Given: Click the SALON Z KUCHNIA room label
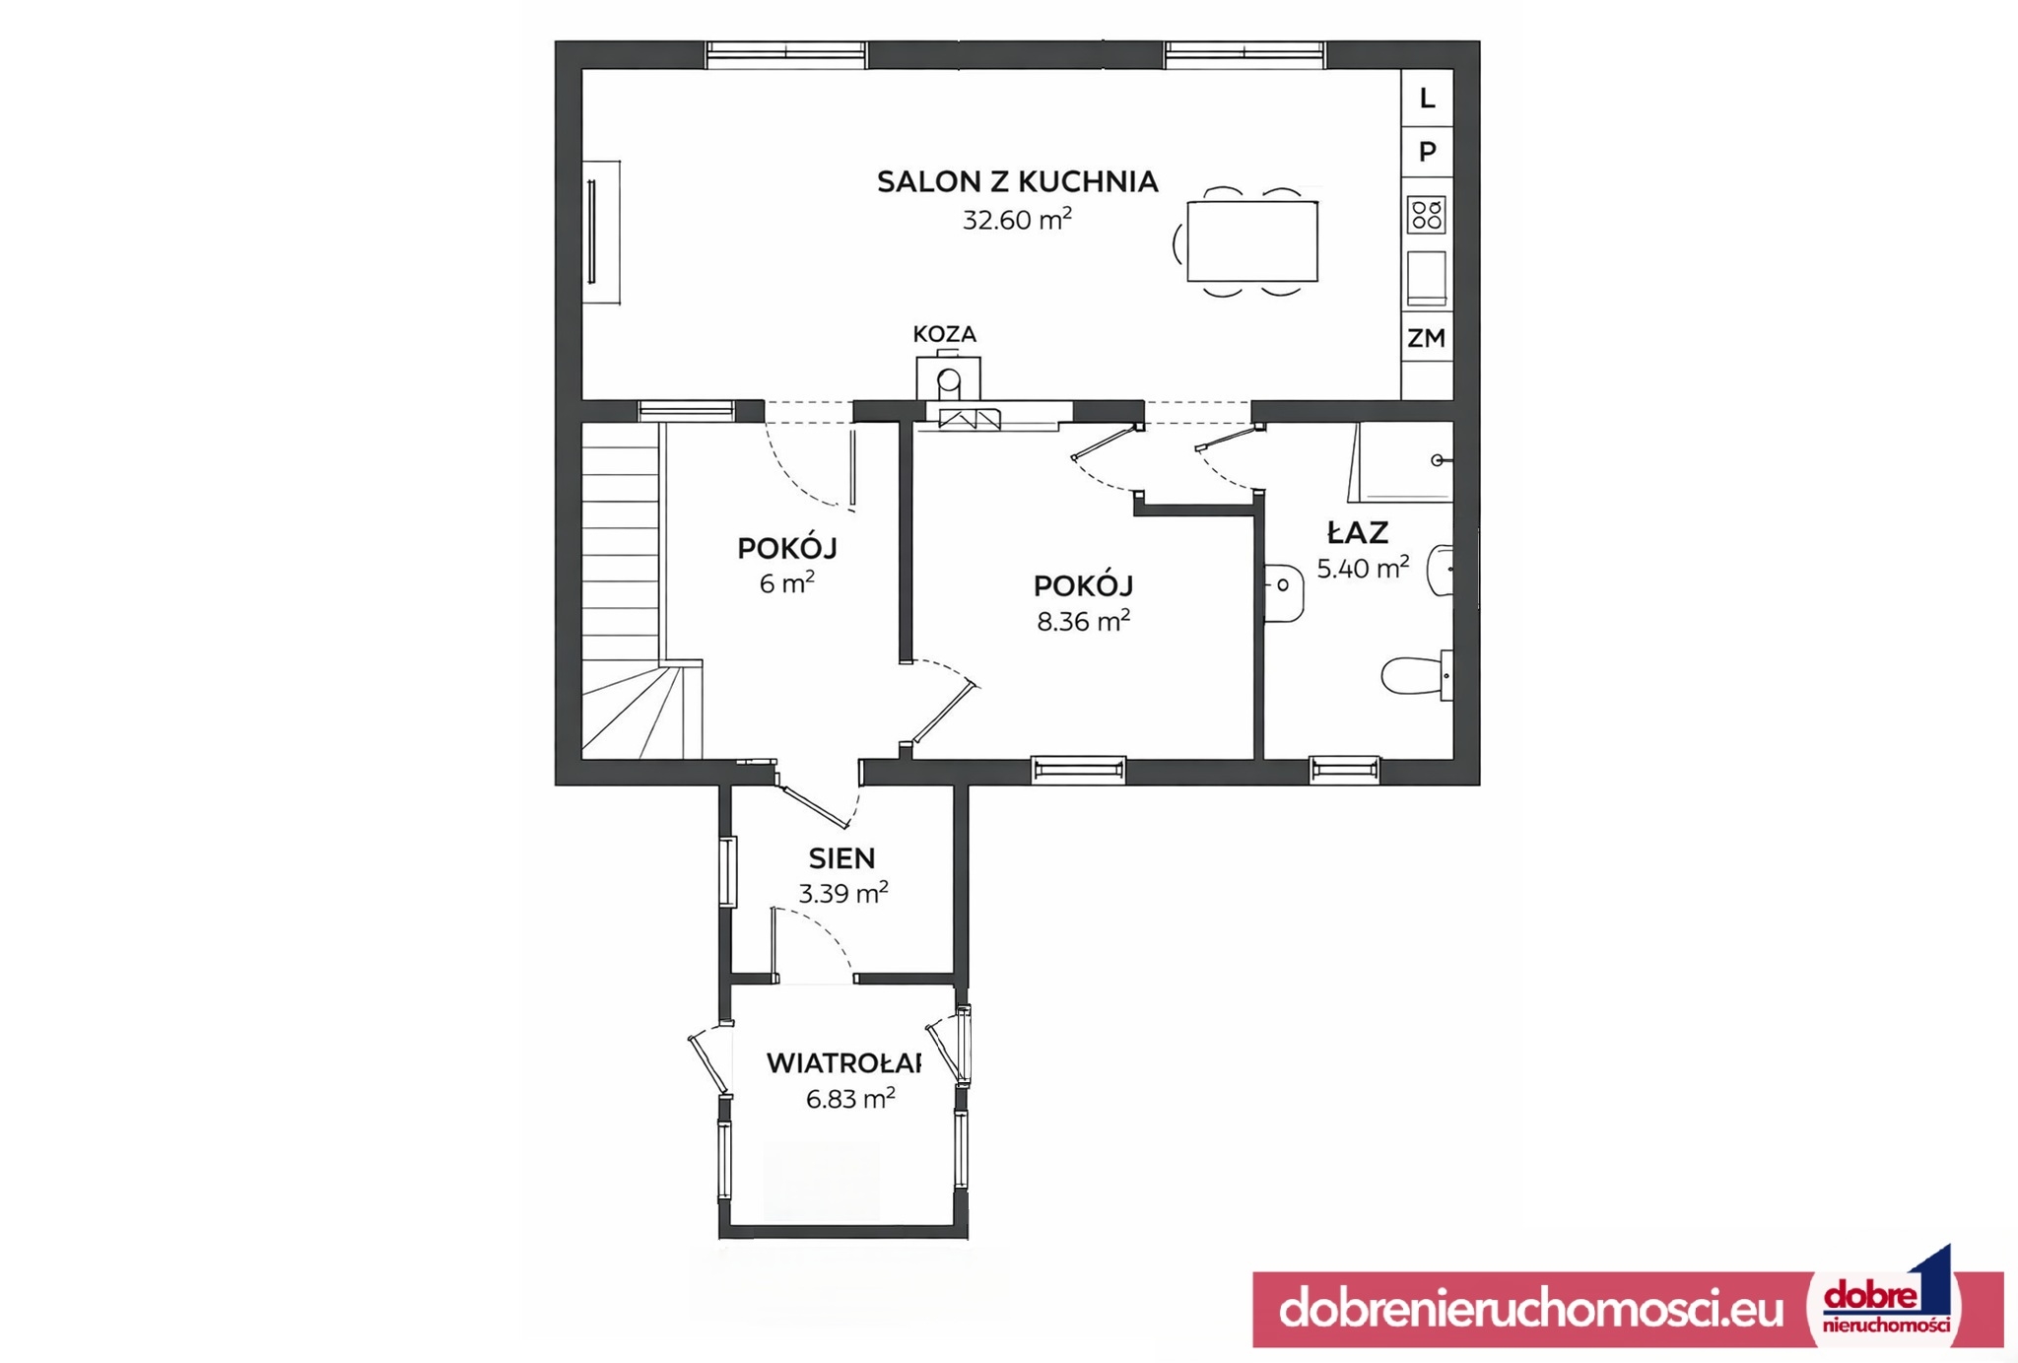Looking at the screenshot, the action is [x=1017, y=181].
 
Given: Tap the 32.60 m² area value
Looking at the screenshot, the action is [x=1017, y=219].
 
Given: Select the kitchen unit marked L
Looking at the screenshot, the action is [x=1427, y=98].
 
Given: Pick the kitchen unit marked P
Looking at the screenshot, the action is [x=1427, y=152].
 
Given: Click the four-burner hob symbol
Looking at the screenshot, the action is [x=1427, y=215].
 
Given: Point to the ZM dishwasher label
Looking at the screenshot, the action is [x=1427, y=338].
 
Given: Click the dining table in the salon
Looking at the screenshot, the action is [x=1252, y=241].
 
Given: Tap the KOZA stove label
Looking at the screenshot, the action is [x=944, y=334].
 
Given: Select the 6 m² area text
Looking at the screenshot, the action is [x=786, y=582].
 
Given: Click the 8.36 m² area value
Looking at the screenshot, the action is [x=1083, y=621].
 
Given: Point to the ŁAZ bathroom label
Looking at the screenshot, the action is [x=1358, y=532].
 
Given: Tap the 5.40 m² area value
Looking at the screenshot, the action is [x=1363, y=568].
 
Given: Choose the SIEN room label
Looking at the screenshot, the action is [x=841, y=858].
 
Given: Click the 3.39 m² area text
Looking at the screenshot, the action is [x=842, y=893].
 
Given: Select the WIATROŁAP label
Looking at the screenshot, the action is [x=843, y=1063].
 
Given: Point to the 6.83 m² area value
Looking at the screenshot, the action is [x=850, y=1098].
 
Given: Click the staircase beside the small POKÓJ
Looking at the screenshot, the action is [x=631, y=591].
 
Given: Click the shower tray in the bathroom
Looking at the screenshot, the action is [x=1401, y=462].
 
